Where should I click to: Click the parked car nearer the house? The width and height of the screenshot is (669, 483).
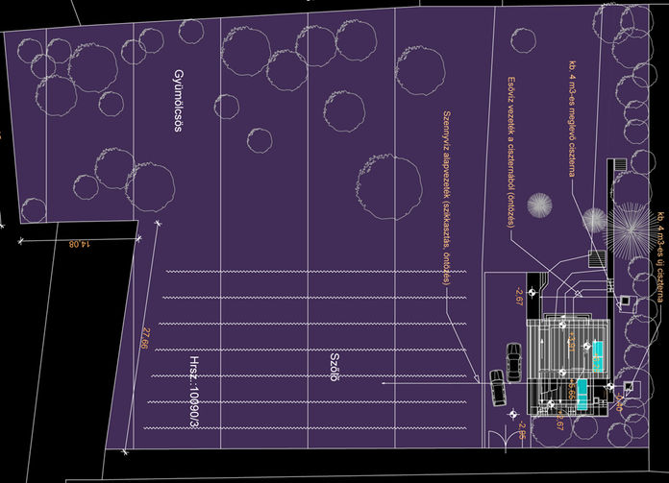(x=514, y=363)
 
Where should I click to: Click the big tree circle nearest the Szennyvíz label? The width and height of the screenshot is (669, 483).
(x=388, y=186)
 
